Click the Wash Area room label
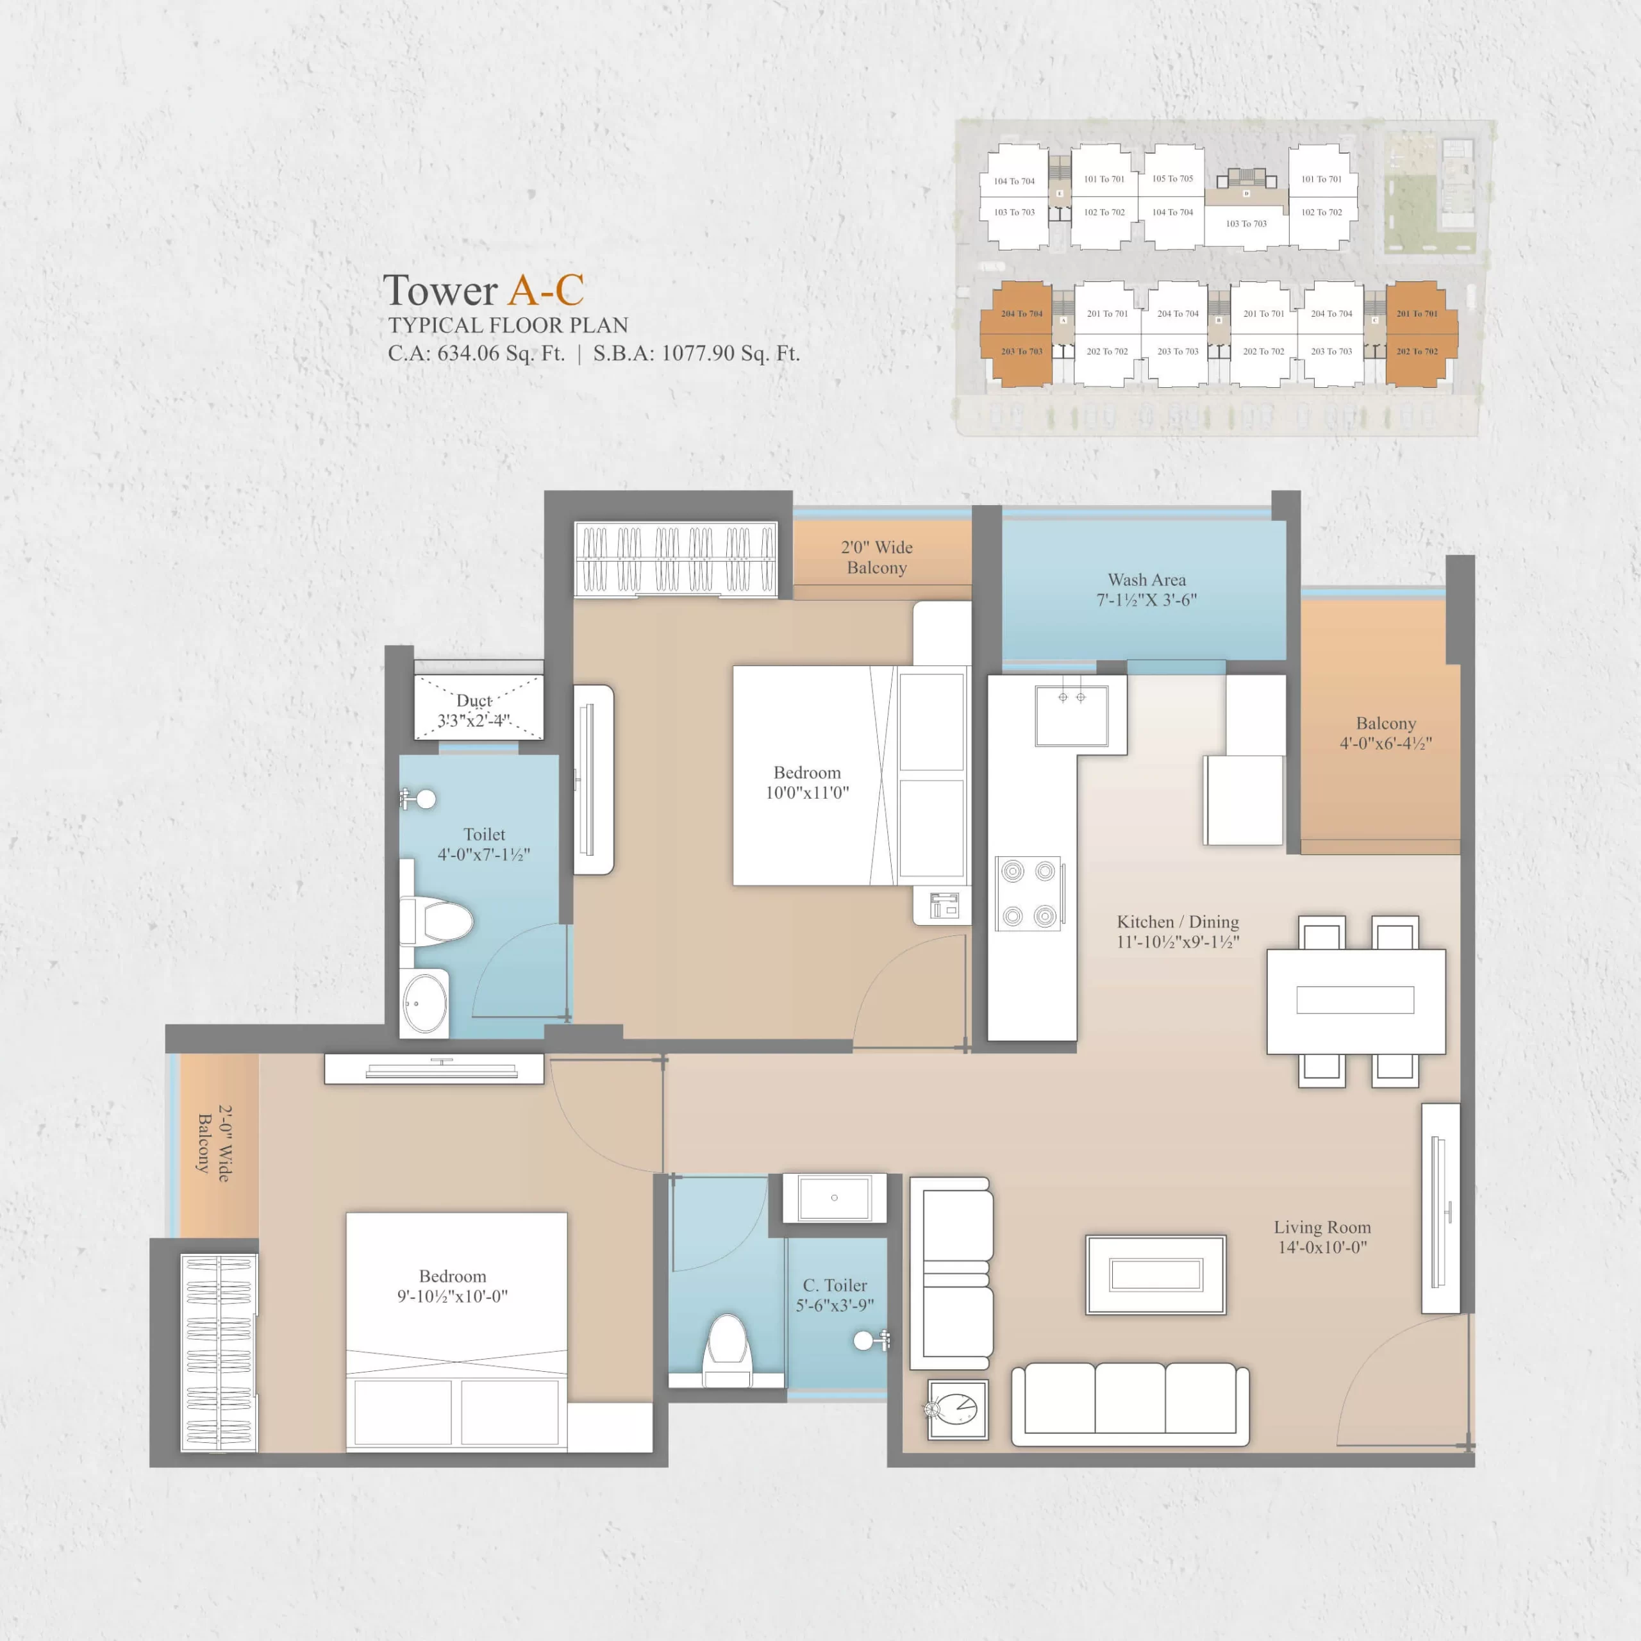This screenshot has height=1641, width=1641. (x=1147, y=590)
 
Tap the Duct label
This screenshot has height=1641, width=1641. (x=474, y=701)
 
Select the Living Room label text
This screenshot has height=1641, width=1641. (x=1322, y=1237)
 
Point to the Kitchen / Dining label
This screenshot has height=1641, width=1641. (x=1178, y=931)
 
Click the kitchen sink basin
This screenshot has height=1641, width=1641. (x=1071, y=715)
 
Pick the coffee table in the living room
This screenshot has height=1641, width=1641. (x=1155, y=1275)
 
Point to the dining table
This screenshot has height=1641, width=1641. (x=1356, y=1001)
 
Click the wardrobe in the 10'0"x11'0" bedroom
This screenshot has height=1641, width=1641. (x=676, y=559)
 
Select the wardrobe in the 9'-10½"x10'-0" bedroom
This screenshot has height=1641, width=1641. (x=219, y=1352)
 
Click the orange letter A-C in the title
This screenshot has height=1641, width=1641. (x=546, y=290)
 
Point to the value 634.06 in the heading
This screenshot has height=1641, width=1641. (x=468, y=353)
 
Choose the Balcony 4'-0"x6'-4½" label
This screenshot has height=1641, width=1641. (x=1386, y=733)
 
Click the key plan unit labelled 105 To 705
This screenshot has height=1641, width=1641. (x=1173, y=178)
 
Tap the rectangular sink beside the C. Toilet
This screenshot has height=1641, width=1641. (x=834, y=1197)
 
